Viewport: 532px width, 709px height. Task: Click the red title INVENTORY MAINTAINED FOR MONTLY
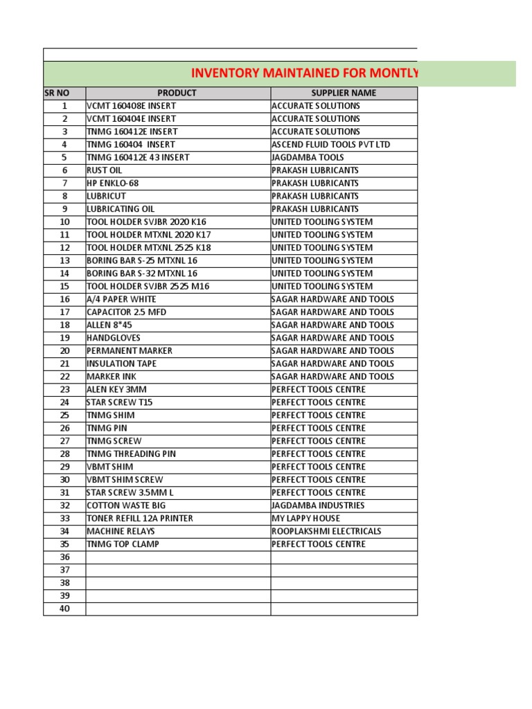click(x=305, y=73)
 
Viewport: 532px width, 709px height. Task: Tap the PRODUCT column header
click(x=177, y=93)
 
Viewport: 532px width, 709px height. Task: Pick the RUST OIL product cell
click(x=105, y=170)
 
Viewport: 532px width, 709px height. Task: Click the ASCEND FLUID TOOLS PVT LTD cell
click(x=331, y=145)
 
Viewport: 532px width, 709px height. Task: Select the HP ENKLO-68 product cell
click(x=112, y=183)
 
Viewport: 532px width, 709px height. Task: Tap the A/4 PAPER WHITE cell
click(x=121, y=299)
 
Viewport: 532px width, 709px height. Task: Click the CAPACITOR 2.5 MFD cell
click(x=126, y=312)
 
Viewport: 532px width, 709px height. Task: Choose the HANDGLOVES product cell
click(x=114, y=338)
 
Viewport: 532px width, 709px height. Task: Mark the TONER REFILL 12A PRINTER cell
click(x=139, y=518)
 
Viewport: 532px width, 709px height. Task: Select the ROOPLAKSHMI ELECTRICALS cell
click(x=326, y=531)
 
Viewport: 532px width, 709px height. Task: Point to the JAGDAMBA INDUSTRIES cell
click(x=318, y=505)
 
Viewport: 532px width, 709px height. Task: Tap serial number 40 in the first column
click(x=64, y=609)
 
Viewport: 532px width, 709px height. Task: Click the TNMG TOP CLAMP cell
click(x=123, y=544)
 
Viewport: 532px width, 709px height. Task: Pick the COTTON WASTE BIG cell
click(x=122, y=505)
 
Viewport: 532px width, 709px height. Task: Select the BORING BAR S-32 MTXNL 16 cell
click(x=142, y=273)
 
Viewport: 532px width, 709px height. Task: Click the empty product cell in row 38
click(x=177, y=583)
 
